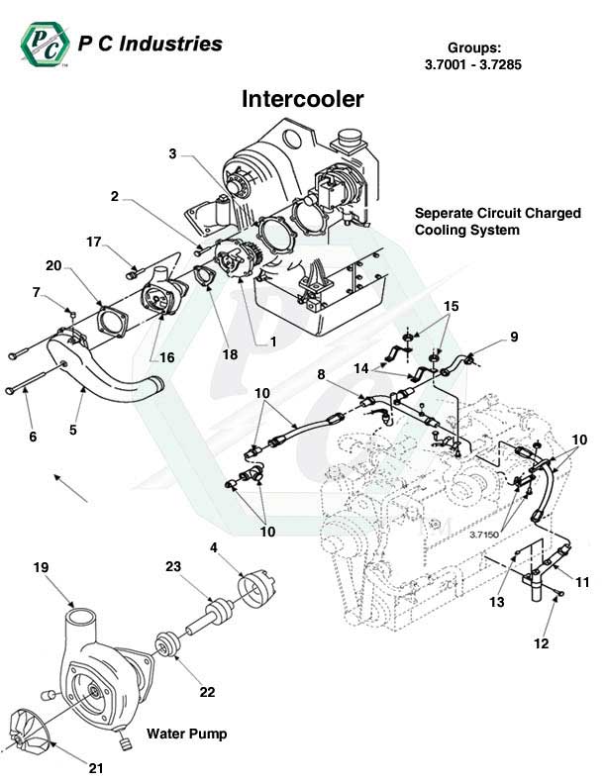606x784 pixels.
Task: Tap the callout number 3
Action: pos(172,153)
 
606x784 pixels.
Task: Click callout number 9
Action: pos(514,337)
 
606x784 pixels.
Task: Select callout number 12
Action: pos(541,643)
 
